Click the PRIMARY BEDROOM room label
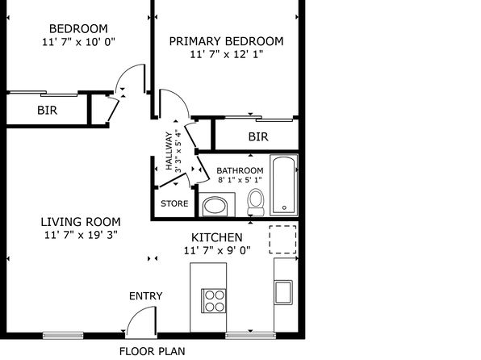226,41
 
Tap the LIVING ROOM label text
81,222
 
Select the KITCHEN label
217,237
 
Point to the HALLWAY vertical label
169,151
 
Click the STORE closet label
174,203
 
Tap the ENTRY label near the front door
146,296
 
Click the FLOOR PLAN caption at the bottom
153,351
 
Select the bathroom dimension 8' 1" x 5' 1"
240,180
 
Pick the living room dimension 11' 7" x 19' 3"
81,235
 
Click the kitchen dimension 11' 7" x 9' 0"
217,251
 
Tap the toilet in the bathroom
256,202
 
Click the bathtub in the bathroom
284,185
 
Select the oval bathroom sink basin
215,205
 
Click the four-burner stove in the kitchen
214,301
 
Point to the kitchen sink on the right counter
283,292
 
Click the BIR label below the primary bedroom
258,137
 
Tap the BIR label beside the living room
48,111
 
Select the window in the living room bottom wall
63,335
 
